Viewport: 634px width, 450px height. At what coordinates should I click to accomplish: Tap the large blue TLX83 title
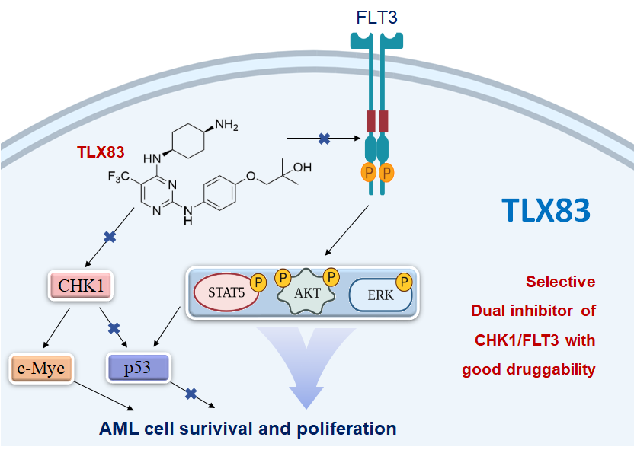546,210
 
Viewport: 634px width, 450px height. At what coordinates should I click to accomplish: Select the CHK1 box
76,286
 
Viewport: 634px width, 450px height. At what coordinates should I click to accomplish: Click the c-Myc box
41,369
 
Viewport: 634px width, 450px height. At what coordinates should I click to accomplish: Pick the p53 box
137,369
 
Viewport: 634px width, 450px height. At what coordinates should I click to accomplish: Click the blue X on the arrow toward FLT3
324,139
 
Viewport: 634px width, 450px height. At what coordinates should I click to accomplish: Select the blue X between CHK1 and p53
114,328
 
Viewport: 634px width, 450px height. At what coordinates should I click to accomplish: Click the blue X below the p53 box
191,394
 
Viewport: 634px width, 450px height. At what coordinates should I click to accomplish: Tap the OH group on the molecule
301,166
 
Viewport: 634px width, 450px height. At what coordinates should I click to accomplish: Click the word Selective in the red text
561,282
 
